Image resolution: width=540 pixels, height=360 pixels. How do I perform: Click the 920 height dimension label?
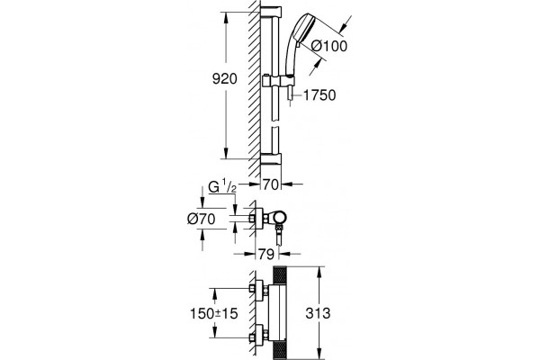tap(224, 79)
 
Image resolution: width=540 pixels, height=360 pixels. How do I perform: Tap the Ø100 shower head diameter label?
tap(328, 46)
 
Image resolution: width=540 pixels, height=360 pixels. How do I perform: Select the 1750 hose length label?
tap(319, 95)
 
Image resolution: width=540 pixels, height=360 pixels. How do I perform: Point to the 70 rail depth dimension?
tap(270, 184)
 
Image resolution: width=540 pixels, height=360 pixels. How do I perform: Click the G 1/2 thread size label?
tap(222, 187)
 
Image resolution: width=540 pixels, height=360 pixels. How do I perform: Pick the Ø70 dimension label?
tap(202, 219)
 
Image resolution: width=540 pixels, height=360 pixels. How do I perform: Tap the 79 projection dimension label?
tap(266, 254)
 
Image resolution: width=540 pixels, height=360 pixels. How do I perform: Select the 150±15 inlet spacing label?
tap(214, 313)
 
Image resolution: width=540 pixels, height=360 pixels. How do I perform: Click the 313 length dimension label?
tap(318, 313)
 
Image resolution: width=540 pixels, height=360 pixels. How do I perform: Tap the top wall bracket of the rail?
tap(271, 13)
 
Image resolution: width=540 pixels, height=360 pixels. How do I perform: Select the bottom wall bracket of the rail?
tap(271, 158)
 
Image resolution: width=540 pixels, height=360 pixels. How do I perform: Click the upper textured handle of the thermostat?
tap(280, 276)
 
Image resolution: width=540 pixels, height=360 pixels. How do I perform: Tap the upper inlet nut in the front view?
tap(252, 288)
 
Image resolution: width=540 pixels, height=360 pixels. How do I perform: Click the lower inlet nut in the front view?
tap(252, 337)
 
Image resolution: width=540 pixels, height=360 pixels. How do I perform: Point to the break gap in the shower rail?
tap(274, 124)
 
